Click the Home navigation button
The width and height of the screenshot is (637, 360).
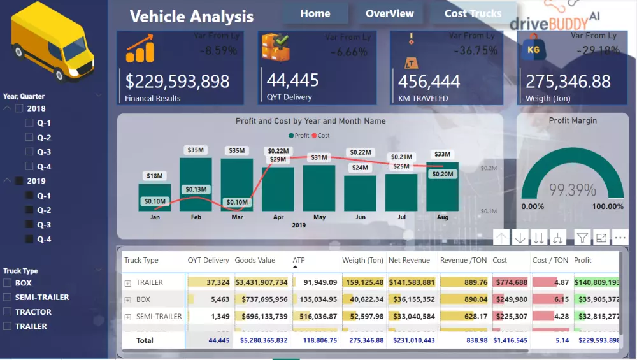(x=315, y=13)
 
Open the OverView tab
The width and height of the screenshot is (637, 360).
(x=389, y=13)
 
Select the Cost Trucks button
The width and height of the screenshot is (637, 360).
(x=473, y=13)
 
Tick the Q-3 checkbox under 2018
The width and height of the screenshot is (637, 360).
(x=29, y=152)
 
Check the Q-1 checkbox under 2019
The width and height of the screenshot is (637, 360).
(x=29, y=196)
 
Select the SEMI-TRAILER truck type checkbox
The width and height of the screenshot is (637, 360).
(x=7, y=298)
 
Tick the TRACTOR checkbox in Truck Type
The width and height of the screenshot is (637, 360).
(x=7, y=312)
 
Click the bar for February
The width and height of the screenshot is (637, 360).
(x=196, y=184)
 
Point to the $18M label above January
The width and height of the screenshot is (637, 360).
(x=155, y=176)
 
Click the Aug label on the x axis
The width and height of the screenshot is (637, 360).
(x=443, y=217)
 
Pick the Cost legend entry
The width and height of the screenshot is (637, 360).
(x=323, y=136)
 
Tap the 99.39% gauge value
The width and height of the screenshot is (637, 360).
(x=573, y=189)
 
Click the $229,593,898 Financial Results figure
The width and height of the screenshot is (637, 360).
(x=177, y=81)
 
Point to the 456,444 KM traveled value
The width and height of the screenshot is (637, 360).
(x=429, y=81)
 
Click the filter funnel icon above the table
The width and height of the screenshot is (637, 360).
(x=582, y=238)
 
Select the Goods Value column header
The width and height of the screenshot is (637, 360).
(x=255, y=260)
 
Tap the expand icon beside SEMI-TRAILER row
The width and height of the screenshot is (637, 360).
(x=128, y=317)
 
